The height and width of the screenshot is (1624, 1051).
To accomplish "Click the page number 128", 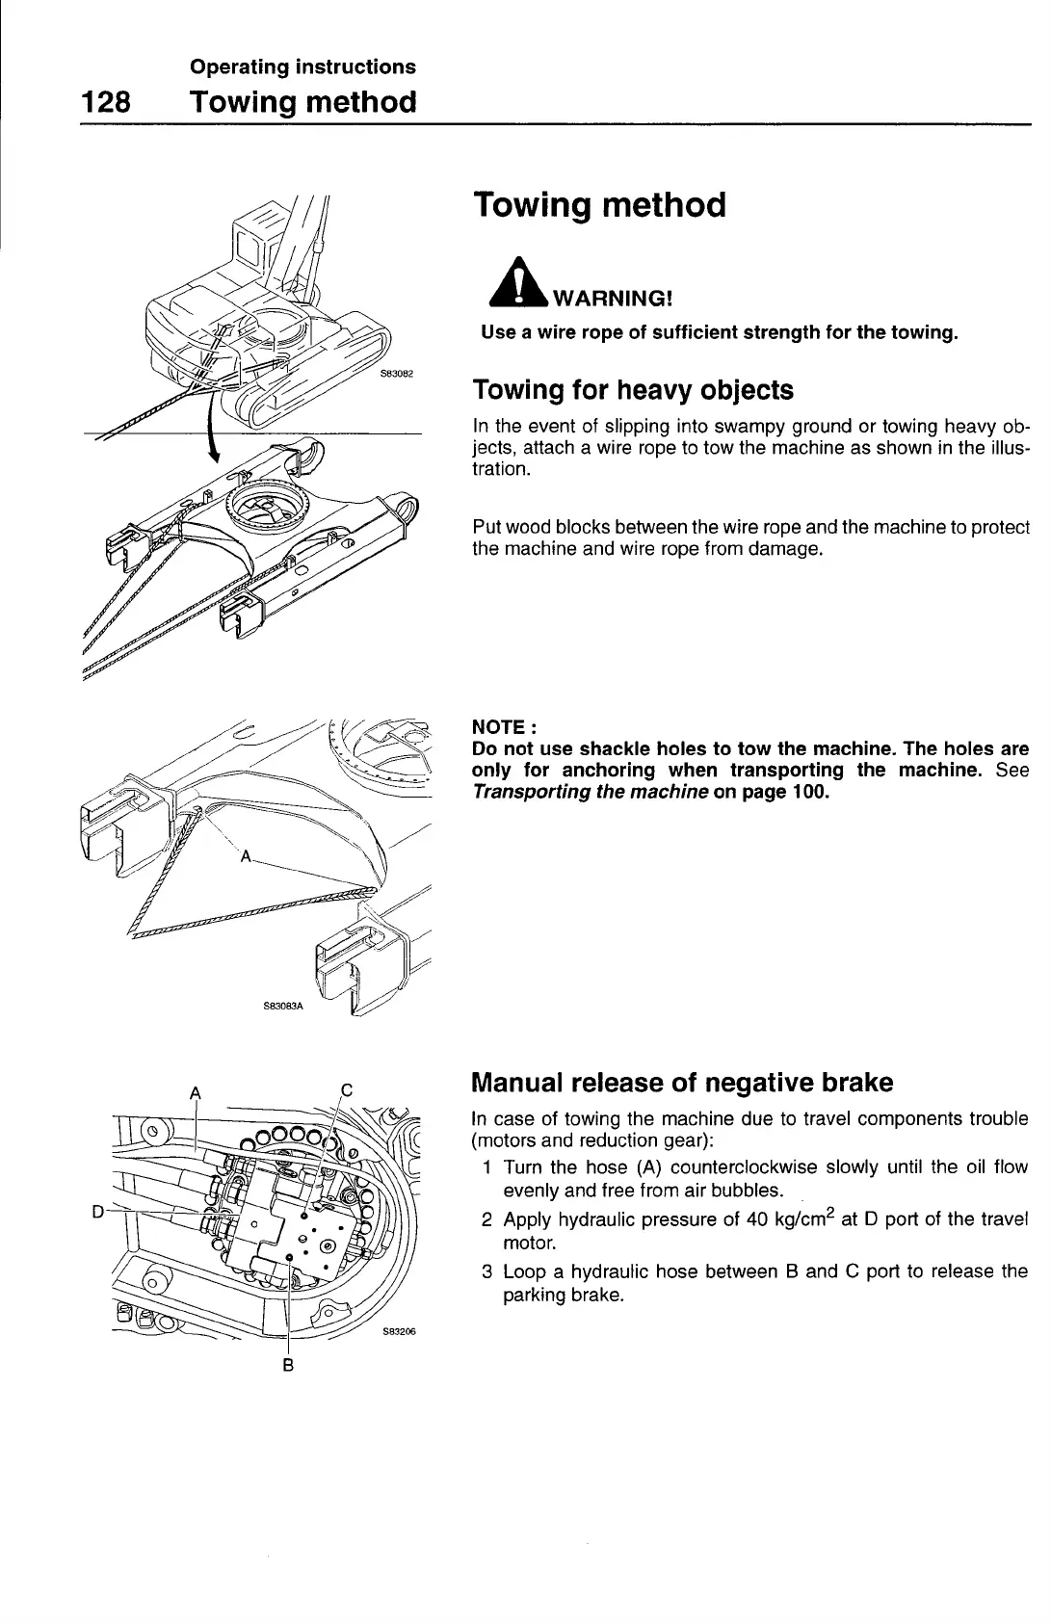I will (x=105, y=101).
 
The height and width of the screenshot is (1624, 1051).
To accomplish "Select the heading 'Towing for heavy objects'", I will (x=633, y=390).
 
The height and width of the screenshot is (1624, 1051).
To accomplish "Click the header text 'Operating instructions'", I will (x=302, y=66).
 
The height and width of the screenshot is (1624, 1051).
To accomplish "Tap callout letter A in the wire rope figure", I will (x=246, y=855).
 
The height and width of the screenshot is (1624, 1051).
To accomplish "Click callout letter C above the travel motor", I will (x=348, y=1090).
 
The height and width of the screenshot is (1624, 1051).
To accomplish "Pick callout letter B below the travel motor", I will (x=288, y=1365).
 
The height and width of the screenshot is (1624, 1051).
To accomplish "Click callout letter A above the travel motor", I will (x=197, y=1092).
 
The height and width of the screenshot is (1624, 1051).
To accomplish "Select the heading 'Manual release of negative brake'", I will (x=681, y=1083).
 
